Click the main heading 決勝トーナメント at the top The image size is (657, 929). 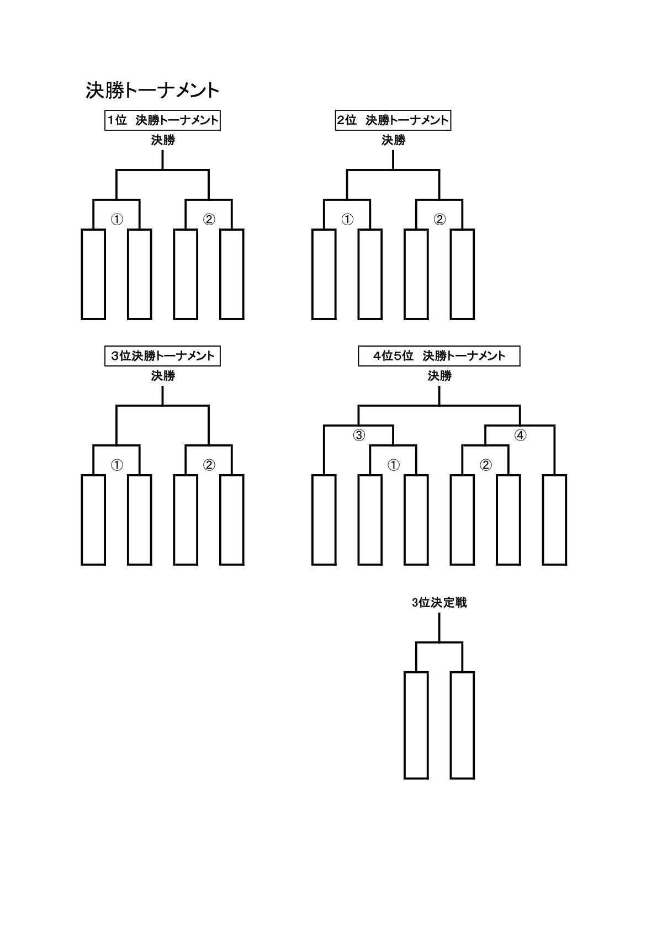(x=152, y=91)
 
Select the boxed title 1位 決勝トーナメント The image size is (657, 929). (x=162, y=120)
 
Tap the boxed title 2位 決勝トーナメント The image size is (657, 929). (x=393, y=120)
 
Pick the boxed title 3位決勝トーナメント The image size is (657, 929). (x=162, y=356)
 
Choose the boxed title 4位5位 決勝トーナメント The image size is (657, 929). (x=439, y=356)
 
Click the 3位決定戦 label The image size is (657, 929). (x=439, y=603)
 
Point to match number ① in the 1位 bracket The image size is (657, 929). (x=116, y=220)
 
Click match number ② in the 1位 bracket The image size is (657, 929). (x=209, y=220)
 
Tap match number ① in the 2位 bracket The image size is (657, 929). (x=347, y=220)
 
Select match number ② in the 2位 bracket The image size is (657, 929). (x=439, y=220)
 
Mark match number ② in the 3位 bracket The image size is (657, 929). (x=209, y=465)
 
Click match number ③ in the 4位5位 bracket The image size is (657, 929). (x=359, y=436)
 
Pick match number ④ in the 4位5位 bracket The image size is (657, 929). (x=520, y=436)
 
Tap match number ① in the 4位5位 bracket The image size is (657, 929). (x=393, y=465)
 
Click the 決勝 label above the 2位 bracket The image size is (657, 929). (x=393, y=141)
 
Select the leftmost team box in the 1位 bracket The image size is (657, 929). (x=93, y=274)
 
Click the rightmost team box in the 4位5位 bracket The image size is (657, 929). (x=554, y=519)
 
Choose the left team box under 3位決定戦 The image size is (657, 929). (x=416, y=725)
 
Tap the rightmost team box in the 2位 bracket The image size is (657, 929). (x=462, y=274)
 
